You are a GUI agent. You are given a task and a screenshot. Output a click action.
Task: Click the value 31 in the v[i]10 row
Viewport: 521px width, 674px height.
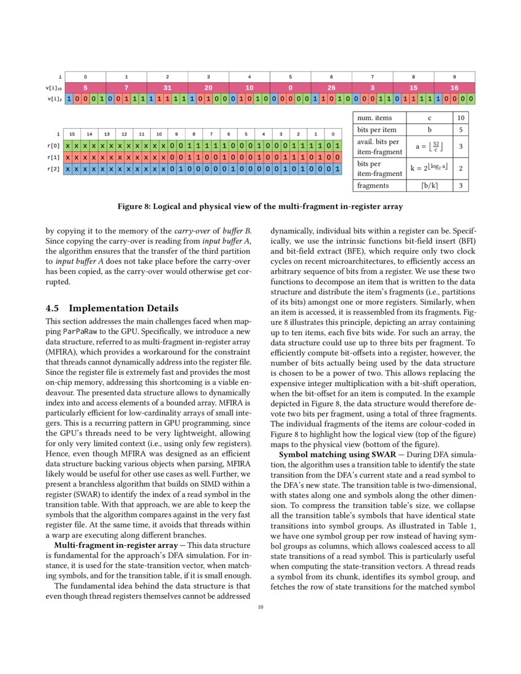167,88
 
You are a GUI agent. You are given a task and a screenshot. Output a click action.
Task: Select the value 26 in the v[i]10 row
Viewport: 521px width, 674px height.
332,88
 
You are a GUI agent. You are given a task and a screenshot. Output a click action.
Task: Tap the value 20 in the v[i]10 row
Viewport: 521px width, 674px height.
208,88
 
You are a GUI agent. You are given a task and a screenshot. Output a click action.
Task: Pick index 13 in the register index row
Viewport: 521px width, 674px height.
107,134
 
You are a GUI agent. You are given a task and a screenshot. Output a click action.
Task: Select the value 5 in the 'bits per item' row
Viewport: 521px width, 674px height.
460,130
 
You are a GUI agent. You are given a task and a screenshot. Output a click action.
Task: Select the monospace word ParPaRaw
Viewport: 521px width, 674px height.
77,331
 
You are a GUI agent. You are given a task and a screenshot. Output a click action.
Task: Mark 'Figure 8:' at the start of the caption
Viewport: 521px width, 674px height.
135,206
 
